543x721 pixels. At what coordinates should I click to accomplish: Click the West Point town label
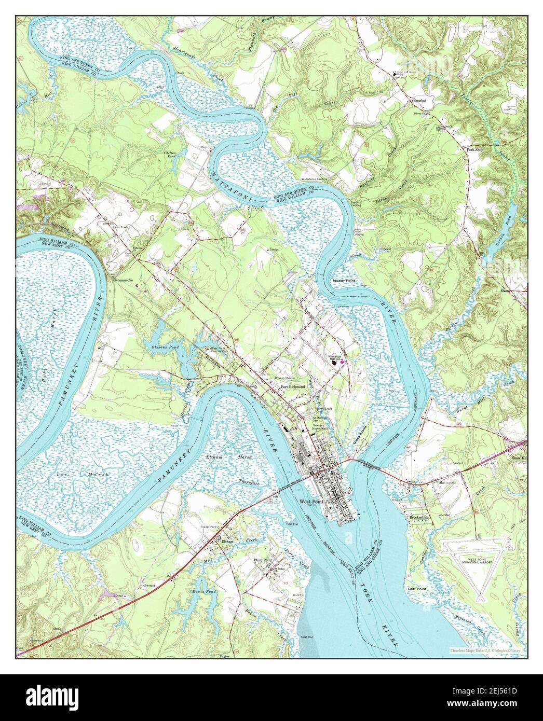click(311, 502)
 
